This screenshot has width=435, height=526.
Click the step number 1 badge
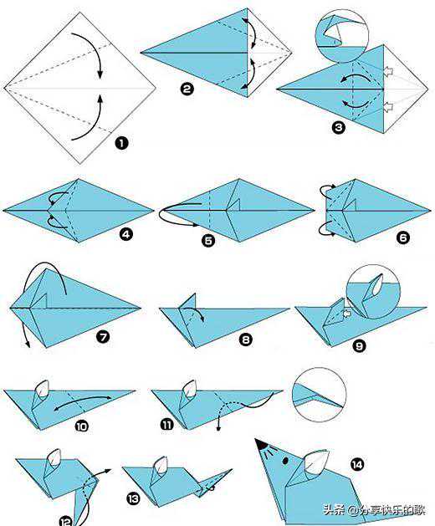click(x=121, y=144)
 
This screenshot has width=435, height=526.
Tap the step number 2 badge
click(x=187, y=89)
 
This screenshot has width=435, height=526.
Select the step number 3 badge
click(x=338, y=127)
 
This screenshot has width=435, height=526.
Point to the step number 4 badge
click(x=125, y=234)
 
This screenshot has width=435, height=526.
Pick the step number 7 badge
click(x=103, y=335)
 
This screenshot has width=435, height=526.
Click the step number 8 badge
click(x=245, y=340)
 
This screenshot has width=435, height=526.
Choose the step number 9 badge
click(x=359, y=345)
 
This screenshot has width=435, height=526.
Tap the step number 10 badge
click(x=81, y=426)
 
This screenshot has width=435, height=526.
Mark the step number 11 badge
click(x=167, y=425)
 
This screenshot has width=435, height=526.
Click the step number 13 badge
click(x=133, y=499)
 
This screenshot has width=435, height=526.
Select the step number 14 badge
click(x=357, y=465)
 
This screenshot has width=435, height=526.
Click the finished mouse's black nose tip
click(x=260, y=443)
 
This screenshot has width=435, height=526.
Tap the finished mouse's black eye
click(x=285, y=461)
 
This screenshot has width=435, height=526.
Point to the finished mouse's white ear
click(x=315, y=462)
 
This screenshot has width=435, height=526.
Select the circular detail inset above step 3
click(x=341, y=36)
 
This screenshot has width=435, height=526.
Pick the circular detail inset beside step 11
click(x=320, y=395)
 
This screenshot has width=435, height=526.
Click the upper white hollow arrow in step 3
click(x=388, y=71)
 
